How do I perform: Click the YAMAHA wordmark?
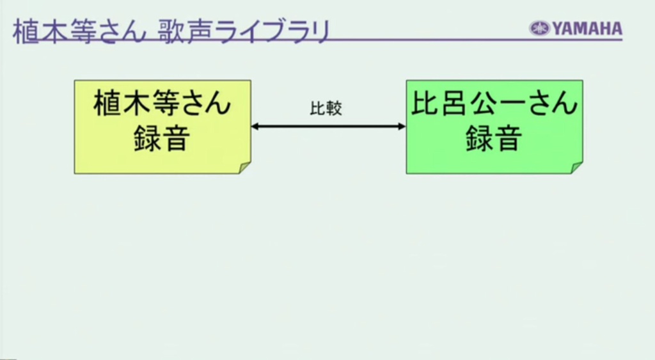tap(588, 29)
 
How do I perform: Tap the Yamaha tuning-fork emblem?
tap(540, 29)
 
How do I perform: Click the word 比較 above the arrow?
tap(326, 109)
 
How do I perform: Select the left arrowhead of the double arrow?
tap(255, 126)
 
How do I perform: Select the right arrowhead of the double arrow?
tap(402, 126)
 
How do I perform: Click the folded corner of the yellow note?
tap(245, 168)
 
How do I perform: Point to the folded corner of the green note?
tap(577, 168)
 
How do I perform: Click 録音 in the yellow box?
tap(162, 138)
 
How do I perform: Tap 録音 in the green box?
tap(494, 138)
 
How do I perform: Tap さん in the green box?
tap(552, 104)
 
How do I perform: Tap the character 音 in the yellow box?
tap(177, 138)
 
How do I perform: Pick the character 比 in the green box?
tap(425, 103)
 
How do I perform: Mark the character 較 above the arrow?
tap(334, 109)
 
